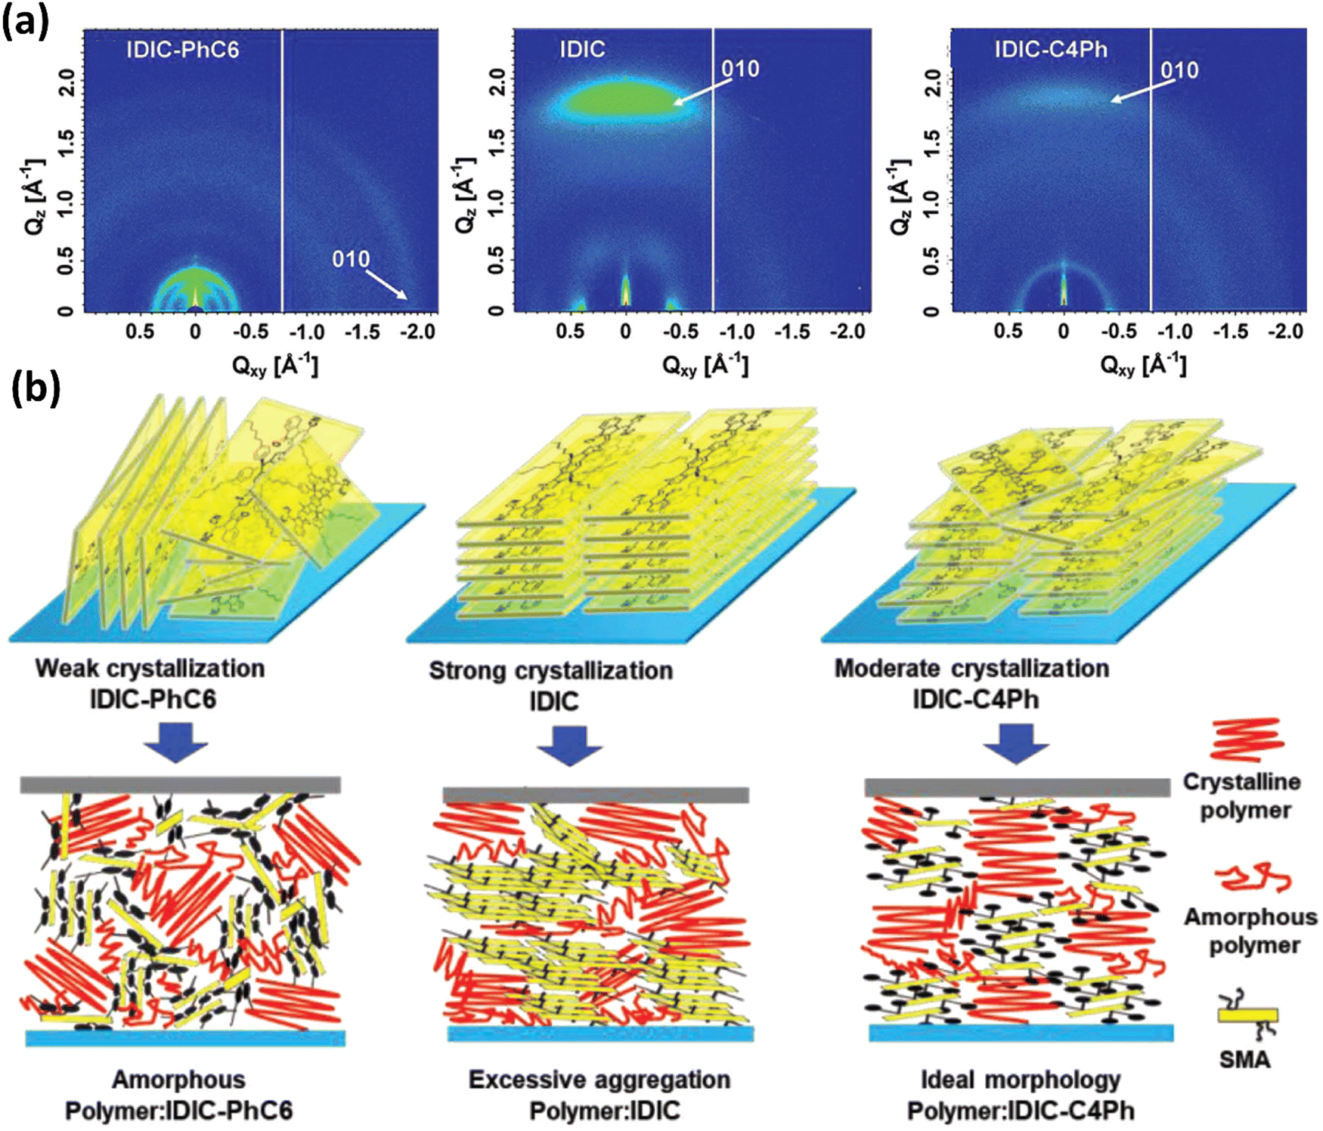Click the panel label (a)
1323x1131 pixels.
[25, 21]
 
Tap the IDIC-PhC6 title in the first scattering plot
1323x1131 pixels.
[182, 50]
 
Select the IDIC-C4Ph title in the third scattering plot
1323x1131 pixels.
[1050, 50]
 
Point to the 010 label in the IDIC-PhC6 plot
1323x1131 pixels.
[351, 259]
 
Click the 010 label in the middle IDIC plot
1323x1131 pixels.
[739, 70]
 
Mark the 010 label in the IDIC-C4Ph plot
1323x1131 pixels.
[1179, 70]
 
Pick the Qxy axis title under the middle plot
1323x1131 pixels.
[705, 366]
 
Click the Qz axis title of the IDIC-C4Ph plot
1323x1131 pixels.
[900, 197]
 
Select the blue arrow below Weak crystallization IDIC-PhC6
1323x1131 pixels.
[175, 741]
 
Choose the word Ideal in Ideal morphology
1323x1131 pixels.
[945, 1080]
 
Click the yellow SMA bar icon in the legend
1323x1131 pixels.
[1247, 1015]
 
